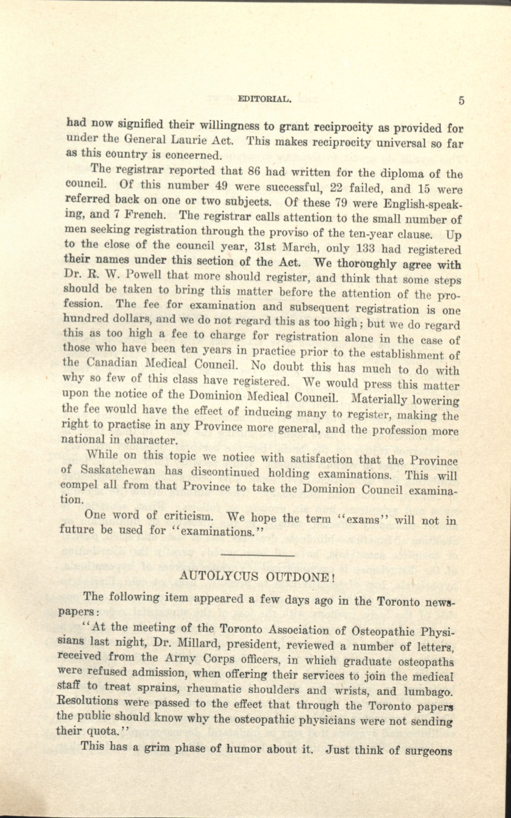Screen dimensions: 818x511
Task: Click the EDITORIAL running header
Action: (264, 100)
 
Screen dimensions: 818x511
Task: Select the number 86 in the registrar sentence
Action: (253, 171)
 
